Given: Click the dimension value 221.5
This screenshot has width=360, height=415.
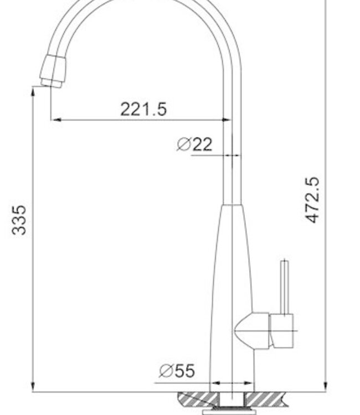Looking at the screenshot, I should point(143,108).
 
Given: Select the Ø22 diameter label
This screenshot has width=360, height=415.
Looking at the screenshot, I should point(194,144).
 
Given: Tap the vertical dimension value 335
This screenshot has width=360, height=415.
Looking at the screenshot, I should point(19,220).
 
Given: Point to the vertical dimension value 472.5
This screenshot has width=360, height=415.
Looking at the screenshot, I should point(313,200).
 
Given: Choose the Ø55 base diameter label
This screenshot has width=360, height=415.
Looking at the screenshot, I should point(177,371).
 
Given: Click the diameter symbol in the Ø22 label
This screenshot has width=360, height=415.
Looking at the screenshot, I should point(184,144).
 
